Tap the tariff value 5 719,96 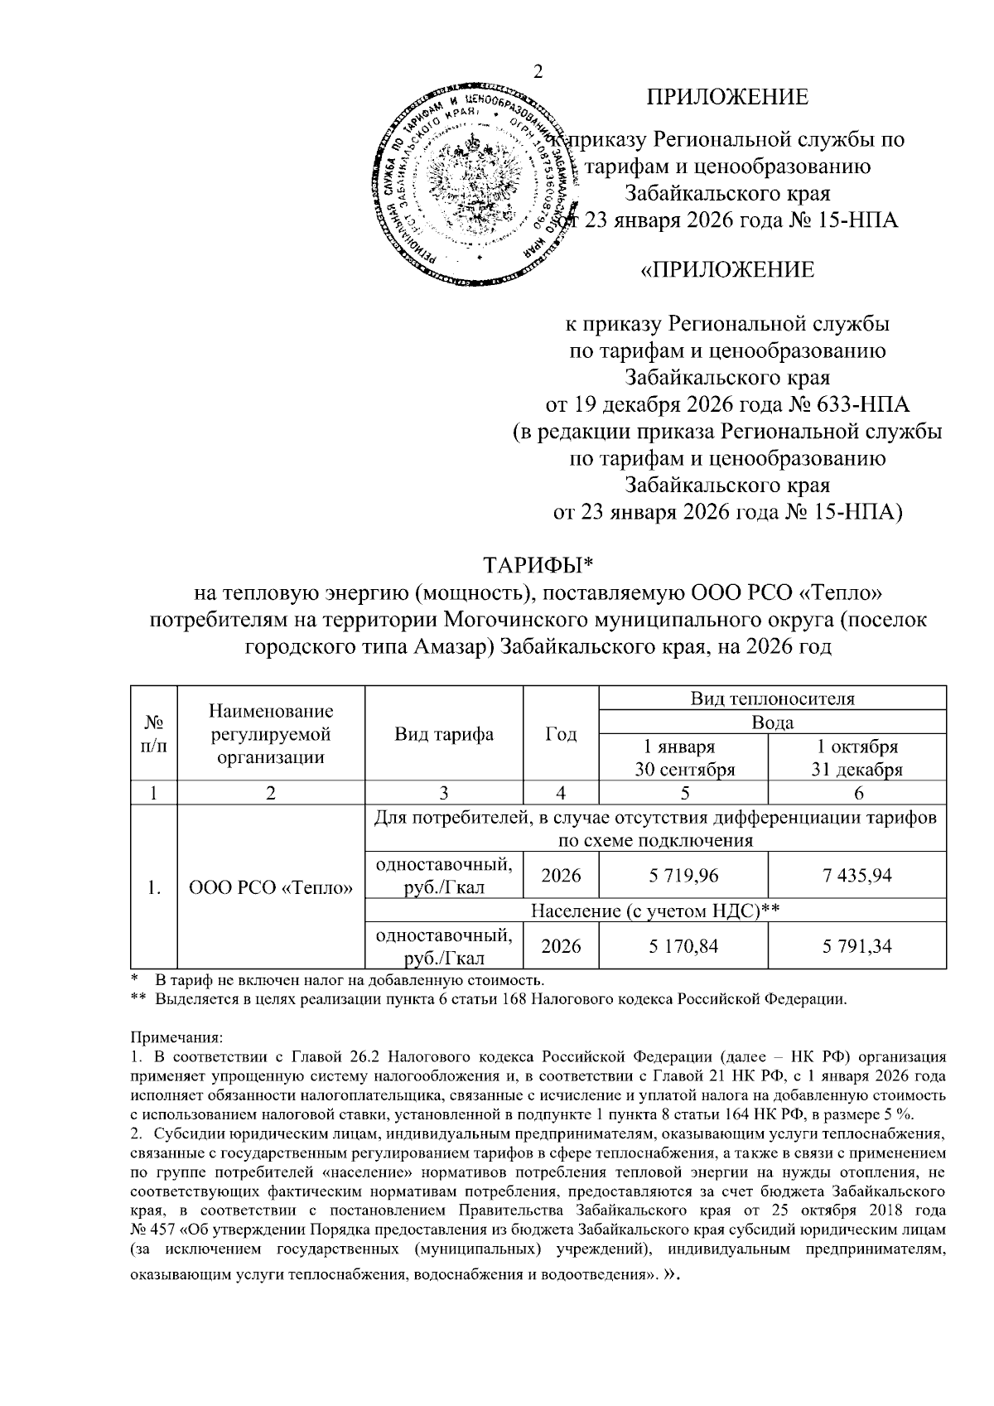click(683, 875)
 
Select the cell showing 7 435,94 click(856, 875)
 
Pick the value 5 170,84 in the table click(683, 945)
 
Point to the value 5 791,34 click(856, 945)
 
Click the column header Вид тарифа click(444, 734)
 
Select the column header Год click(561, 734)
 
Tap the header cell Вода click(772, 722)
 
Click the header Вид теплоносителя click(772, 698)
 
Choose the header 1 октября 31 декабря click(856, 757)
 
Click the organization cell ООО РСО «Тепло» click(271, 888)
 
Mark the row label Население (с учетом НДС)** click(655, 911)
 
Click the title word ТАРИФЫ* click(539, 565)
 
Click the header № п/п click(154, 733)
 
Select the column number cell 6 click(857, 793)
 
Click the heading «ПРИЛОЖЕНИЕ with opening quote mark click(727, 269)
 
